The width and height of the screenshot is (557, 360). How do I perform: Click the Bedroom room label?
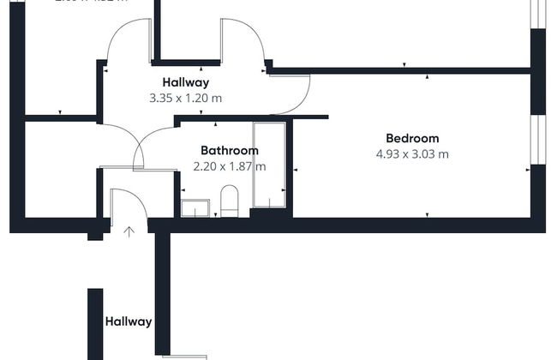[412, 139]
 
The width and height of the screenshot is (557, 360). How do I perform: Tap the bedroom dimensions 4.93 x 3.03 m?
[412, 155]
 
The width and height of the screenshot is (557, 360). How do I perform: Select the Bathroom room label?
[230, 151]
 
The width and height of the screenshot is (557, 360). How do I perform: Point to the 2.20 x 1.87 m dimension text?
[230, 167]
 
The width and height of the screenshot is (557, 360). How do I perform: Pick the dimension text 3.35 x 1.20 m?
[185, 99]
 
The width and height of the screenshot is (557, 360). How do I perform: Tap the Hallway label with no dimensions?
[129, 322]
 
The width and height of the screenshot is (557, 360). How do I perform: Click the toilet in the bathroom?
[230, 201]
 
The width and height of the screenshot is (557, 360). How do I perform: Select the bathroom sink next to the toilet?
[195, 208]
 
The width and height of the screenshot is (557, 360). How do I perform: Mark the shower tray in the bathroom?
[269, 165]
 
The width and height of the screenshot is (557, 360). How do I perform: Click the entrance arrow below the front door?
[129, 231]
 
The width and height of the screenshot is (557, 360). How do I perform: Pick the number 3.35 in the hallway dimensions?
[160, 99]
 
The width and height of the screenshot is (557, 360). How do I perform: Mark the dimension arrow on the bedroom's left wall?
[296, 170]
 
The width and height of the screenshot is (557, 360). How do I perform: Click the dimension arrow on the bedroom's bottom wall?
[426, 214]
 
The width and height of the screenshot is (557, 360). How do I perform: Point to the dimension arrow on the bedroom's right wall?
[526, 170]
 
